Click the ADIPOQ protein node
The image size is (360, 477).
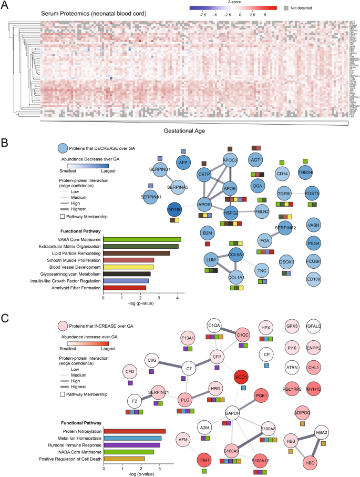(x=303, y=398)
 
